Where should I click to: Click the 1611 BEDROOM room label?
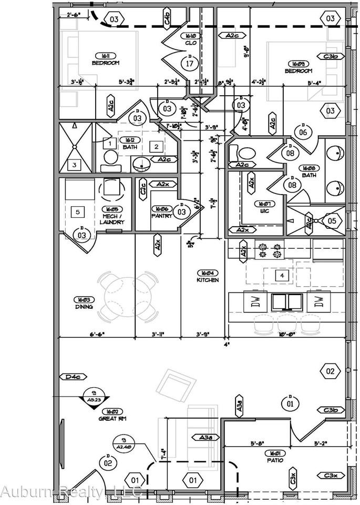pyautogui.click(x=106, y=59)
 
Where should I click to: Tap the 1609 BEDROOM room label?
pyautogui.click(x=298, y=67)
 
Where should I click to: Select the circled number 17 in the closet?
pyautogui.click(x=190, y=64)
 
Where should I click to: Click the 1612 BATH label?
pyautogui.click(x=130, y=144)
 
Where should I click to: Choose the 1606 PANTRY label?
pyautogui.click(x=162, y=212)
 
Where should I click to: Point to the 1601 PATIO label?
pyautogui.click(x=274, y=456)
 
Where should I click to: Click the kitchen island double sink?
pyautogui.click(x=287, y=301)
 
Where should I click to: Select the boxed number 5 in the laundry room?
pyautogui.click(x=78, y=212)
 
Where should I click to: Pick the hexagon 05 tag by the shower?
pyautogui.click(x=331, y=220)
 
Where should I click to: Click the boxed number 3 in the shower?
pyautogui.click(x=75, y=165)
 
